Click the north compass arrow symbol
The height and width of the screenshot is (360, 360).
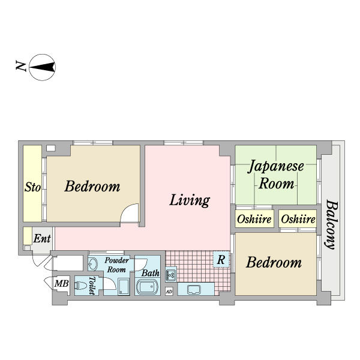[42, 67]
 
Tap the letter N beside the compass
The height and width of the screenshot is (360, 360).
[20, 66]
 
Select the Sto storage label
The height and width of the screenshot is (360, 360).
[32, 187]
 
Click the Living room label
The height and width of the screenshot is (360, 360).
[190, 200]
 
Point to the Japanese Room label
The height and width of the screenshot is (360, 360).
[276, 175]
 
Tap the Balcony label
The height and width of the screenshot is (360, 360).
[332, 225]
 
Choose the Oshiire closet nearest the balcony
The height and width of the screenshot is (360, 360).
[298, 219]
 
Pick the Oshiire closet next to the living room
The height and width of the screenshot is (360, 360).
[254, 219]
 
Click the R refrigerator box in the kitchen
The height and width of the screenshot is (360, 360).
[221, 259]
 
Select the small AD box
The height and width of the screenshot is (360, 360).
[169, 292]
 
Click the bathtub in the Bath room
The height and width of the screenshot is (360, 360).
[148, 287]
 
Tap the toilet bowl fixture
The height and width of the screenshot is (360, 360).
[81, 286]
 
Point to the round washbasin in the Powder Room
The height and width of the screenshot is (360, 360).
[93, 264]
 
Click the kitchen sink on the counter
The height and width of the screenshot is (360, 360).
[194, 290]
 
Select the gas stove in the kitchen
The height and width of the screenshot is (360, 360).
[171, 274]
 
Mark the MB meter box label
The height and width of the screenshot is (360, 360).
[62, 284]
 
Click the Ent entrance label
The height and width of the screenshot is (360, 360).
[42, 239]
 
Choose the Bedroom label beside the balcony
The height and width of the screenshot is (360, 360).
[274, 262]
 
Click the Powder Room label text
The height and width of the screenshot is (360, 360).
[116, 265]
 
